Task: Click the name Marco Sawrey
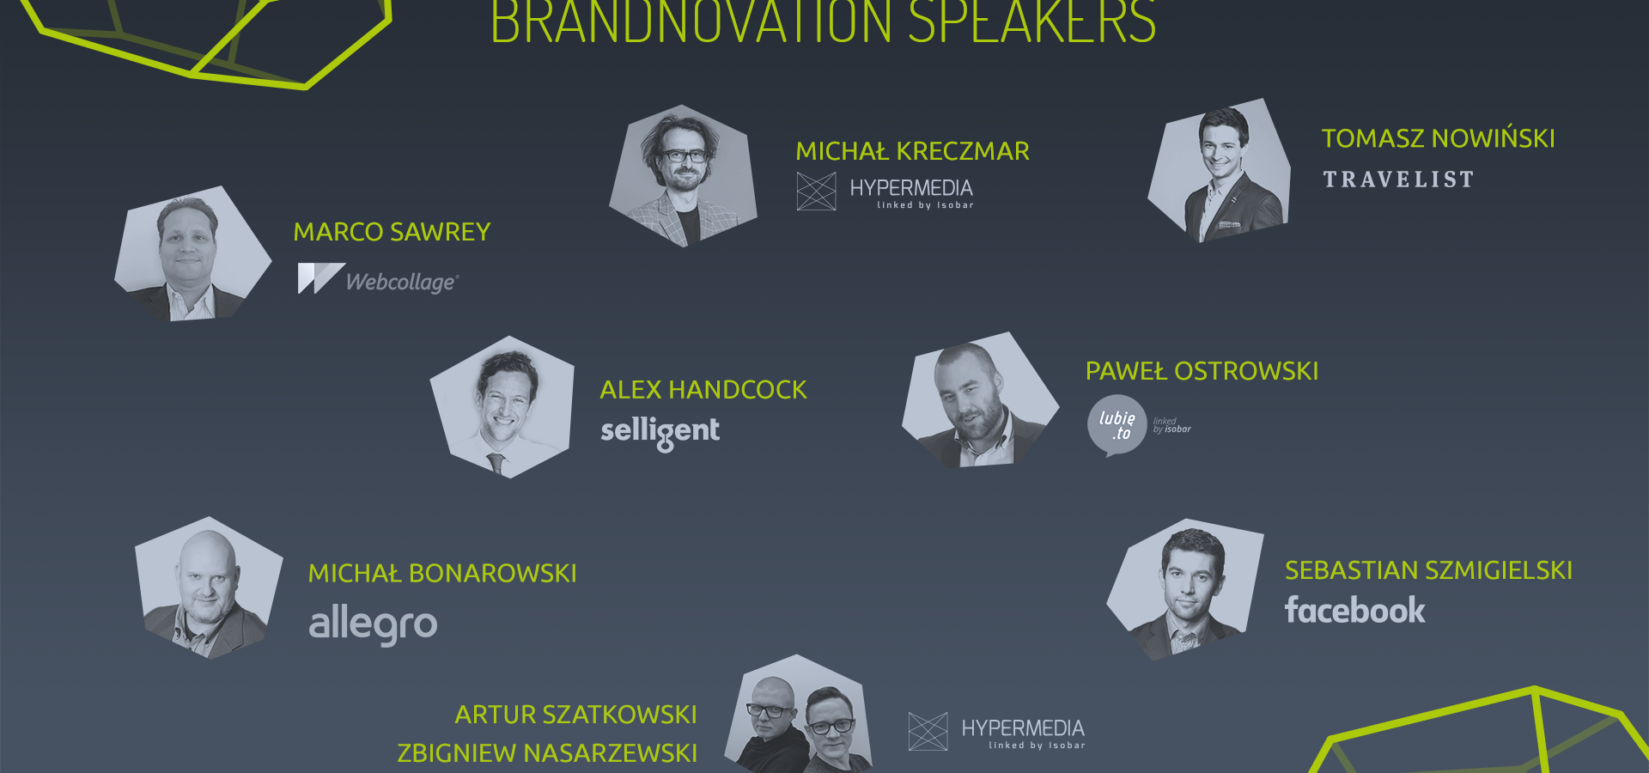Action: tap(392, 232)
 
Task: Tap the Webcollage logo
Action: tap(379, 279)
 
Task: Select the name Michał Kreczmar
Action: tap(912, 151)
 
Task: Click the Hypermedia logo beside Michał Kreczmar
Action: tap(885, 192)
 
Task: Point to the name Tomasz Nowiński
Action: tap(1438, 138)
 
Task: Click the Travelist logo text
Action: tap(1398, 180)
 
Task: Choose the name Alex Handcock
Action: tap(703, 390)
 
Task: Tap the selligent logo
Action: tap(660, 431)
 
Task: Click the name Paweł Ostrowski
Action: tap(1202, 371)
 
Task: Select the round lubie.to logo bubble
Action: tap(1117, 424)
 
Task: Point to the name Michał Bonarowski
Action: tap(442, 574)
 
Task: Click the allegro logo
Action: tap(373, 624)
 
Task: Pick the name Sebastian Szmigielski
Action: tap(1428, 570)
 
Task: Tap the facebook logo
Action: tap(1354, 611)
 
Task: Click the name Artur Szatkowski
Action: tap(575, 715)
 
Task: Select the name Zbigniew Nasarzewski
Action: tap(547, 753)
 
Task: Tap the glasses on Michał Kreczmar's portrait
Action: tap(684, 156)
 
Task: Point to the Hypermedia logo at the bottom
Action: tap(997, 732)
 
